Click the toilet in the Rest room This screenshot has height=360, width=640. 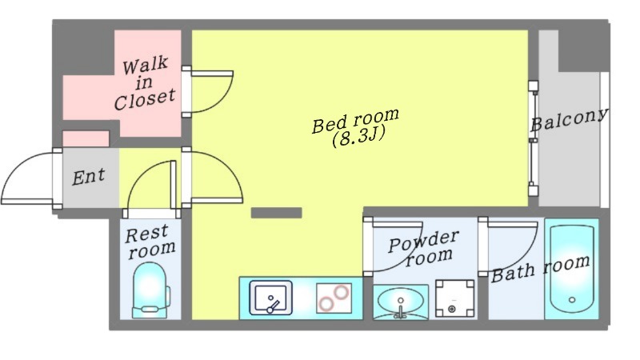point(151,290)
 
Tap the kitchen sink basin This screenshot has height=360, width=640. point(270,298)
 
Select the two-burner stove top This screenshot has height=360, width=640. point(334,298)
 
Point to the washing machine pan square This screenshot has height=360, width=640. point(454,298)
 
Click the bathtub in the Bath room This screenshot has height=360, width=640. point(572,270)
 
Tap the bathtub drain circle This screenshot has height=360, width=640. point(572,300)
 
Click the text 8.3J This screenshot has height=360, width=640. point(359,138)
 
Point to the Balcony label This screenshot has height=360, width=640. point(569,119)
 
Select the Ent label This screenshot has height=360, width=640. point(89,177)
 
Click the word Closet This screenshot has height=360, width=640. point(145,99)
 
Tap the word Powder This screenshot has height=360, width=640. point(424,242)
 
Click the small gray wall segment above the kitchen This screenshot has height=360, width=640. point(276,213)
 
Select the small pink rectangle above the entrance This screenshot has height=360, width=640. point(86,138)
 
